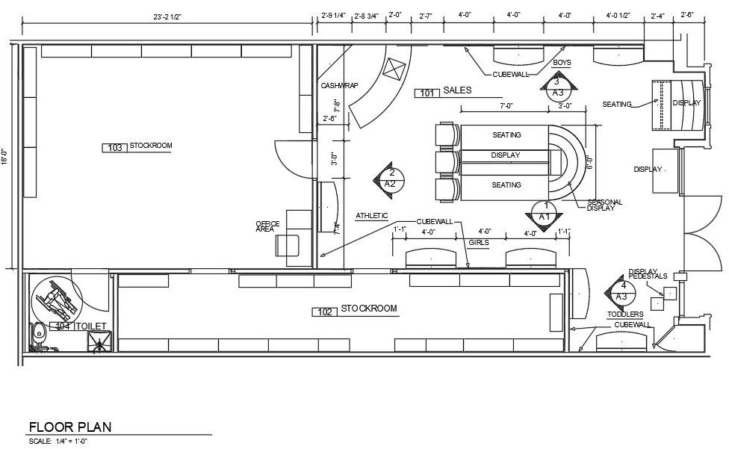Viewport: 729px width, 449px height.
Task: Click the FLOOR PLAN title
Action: [x=69, y=427]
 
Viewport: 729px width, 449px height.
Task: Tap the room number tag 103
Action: [x=114, y=148]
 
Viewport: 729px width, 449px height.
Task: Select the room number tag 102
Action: [x=324, y=312]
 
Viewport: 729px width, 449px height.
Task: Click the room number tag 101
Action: [x=426, y=93]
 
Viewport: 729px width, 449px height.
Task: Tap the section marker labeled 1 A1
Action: [x=545, y=211]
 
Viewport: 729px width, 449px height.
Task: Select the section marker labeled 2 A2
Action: [x=389, y=178]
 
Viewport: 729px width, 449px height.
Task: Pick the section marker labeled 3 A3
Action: [x=557, y=87]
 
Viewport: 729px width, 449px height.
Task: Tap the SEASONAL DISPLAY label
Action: [x=605, y=205]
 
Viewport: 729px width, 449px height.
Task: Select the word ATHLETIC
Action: [x=371, y=216]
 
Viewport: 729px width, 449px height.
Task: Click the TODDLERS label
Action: [x=625, y=315]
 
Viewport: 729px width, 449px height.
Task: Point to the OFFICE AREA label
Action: [x=267, y=226]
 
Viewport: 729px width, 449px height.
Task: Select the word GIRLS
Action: [x=479, y=243]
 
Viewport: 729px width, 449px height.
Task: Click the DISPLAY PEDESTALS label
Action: [x=647, y=274]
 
